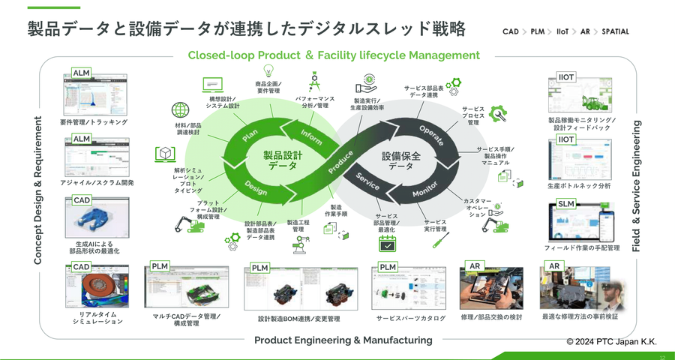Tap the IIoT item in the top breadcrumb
pyautogui.click(x=562, y=31)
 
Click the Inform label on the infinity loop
pyautogui.click(x=311, y=136)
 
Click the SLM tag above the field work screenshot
pyautogui.click(x=566, y=205)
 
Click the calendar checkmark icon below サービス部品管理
pyautogui.click(x=387, y=244)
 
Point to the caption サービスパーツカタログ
pyautogui.click(x=410, y=318)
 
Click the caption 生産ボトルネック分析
pyautogui.click(x=579, y=185)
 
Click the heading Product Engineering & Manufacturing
pyautogui.click(x=343, y=340)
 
